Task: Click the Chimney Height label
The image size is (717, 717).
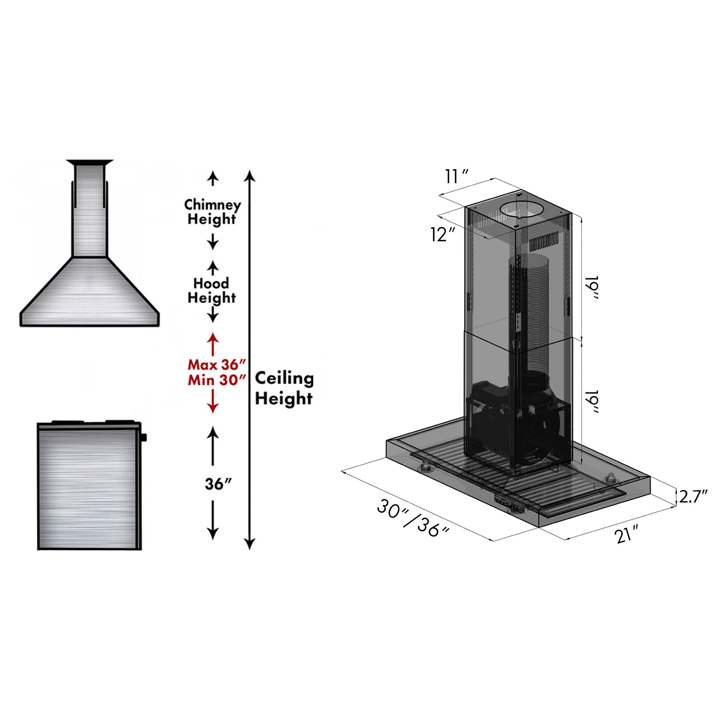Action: click(x=212, y=212)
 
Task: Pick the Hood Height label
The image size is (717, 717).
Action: click(x=212, y=291)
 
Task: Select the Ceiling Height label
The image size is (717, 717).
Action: click(x=284, y=389)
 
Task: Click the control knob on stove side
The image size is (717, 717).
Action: click(x=144, y=437)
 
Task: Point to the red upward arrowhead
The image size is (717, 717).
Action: click(x=213, y=337)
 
